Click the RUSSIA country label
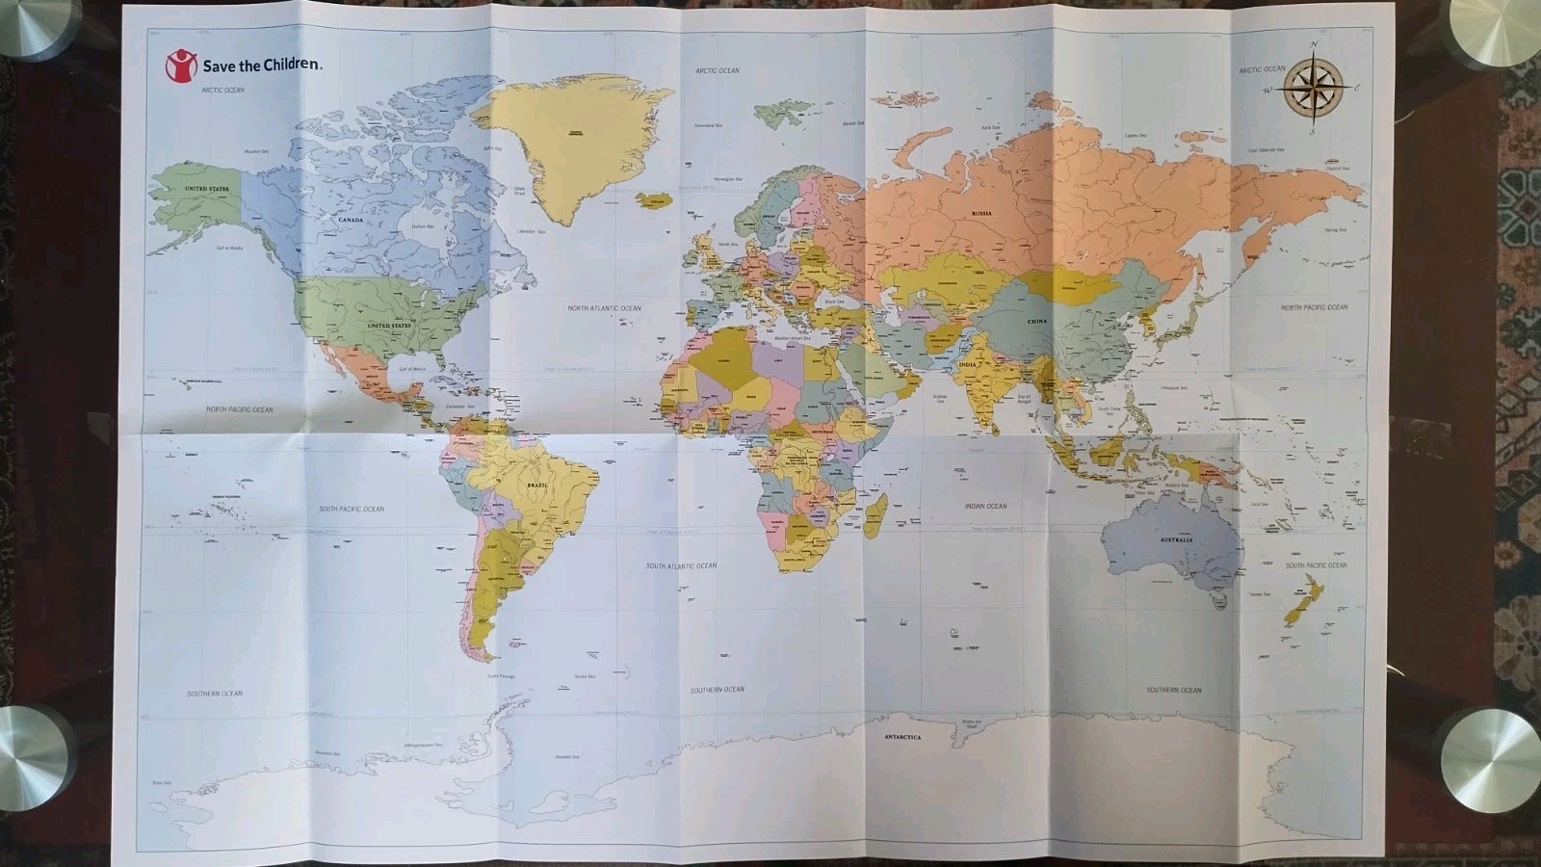coord(981,213)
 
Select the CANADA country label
coord(351,221)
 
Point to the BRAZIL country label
coord(537,486)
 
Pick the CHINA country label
coord(1036,321)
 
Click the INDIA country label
coord(968,365)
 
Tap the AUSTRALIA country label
coord(1176,540)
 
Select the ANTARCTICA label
coord(902,737)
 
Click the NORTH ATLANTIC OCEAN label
coord(604,308)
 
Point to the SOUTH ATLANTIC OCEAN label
coord(682,565)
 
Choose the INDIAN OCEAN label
coord(985,506)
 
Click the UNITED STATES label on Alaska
coord(206,189)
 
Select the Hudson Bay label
coord(424,226)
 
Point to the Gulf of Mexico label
coord(411,369)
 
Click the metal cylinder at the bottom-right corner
coord(1487,760)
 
